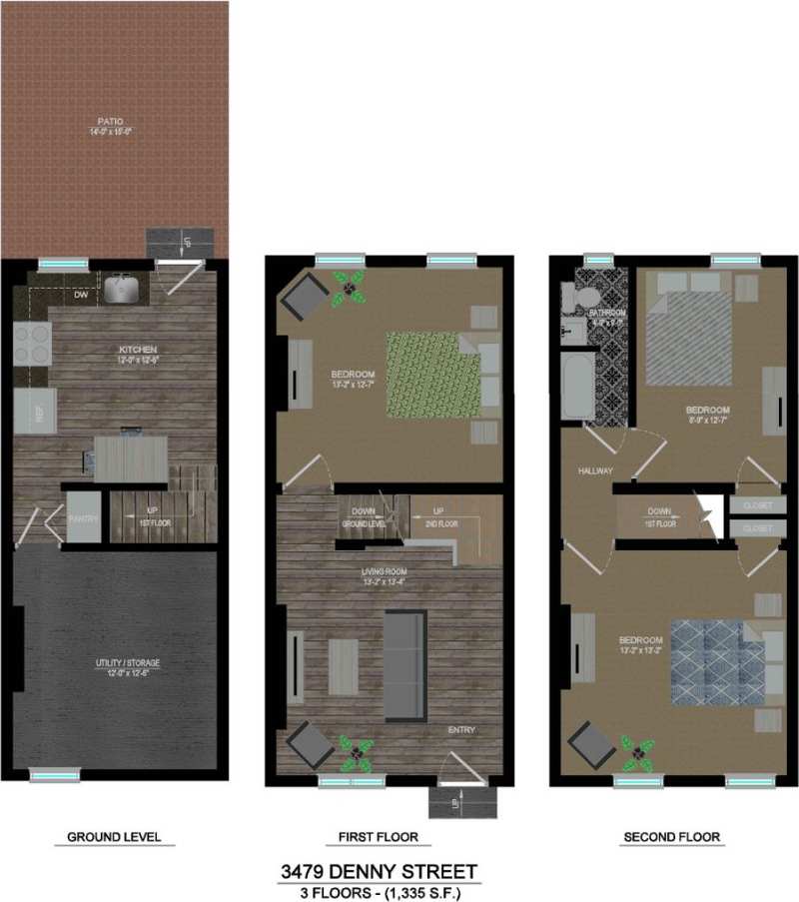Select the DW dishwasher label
[x=81, y=295]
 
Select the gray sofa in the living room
[x=404, y=661]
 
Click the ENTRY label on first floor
[x=461, y=730]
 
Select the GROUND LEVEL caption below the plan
[x=114, y=837]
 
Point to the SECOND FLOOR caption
[x=671, y=837]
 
